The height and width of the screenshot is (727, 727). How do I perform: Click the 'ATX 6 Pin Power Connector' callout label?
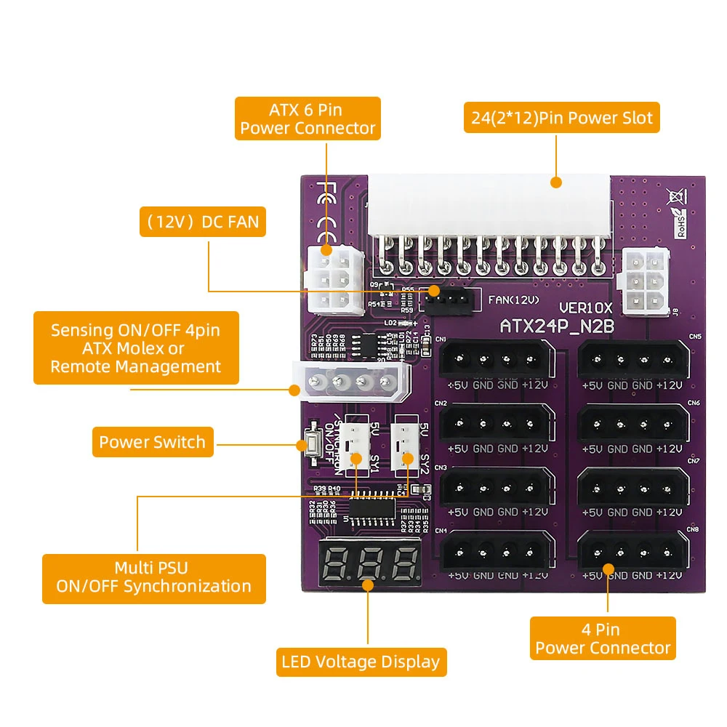coord(308,119)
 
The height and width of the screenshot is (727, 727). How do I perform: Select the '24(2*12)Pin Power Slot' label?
coord(562,117)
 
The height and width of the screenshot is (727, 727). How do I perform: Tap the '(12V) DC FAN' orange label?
coord(202,221)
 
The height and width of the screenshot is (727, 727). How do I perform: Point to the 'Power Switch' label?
coord(153,442)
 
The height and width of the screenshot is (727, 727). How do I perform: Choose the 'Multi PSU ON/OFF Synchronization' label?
coord(153,577)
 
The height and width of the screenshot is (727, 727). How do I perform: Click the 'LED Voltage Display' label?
coord(361,662)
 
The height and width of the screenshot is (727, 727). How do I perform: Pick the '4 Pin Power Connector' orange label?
coord(603,638)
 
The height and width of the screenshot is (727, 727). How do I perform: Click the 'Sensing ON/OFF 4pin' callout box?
coord(136,348)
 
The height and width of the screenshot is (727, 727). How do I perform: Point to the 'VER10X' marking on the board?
coord(585,309)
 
